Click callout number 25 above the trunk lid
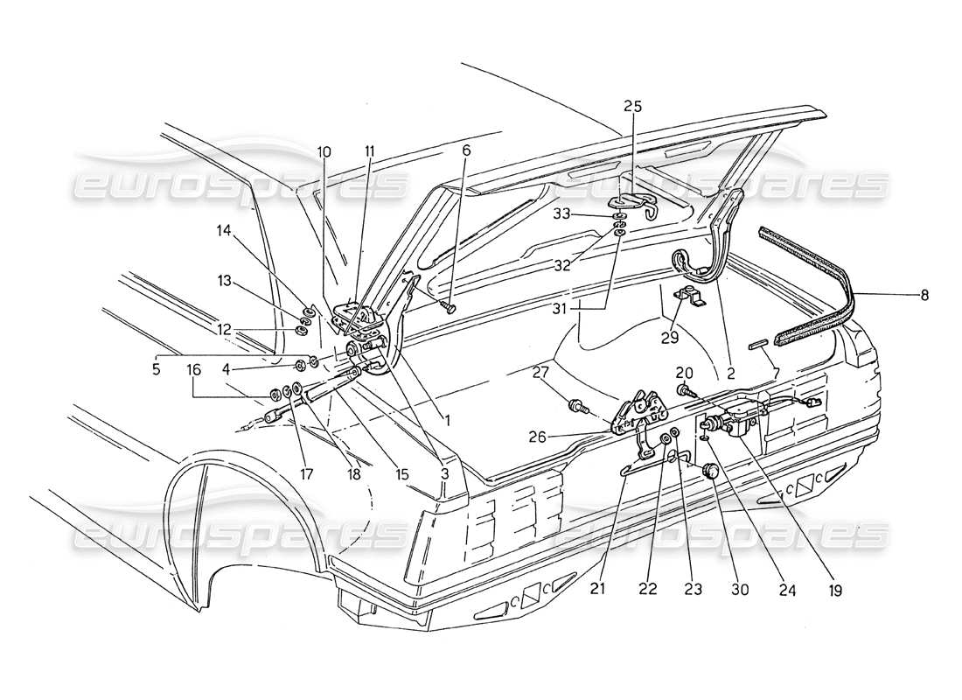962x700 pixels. [632, 107]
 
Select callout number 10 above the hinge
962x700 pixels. [324, 151]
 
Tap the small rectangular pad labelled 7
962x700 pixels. [756, 346]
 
